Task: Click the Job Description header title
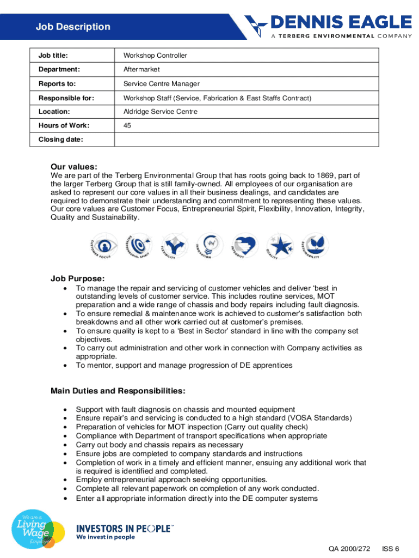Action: coord(73,27)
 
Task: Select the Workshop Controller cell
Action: coord(155,56)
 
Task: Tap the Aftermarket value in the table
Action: coord(141,70)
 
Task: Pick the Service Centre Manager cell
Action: coord(162,84)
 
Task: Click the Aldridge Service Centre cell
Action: coord(161,112)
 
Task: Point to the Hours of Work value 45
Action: coord(127,126)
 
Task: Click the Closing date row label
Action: coord(60,139)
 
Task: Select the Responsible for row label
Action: coord(66,98)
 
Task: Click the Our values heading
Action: coord(74,167)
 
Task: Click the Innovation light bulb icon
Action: coord(209,244)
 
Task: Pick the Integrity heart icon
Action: coord(244,245)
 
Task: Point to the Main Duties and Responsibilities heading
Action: coord(118,391)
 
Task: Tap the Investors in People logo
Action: coord(125,531)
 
